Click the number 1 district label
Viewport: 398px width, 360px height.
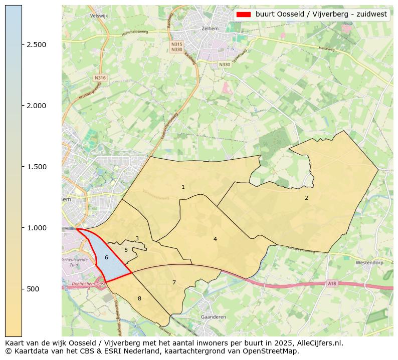(x=183, y=187)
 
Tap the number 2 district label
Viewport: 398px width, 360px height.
(x=306, y=198)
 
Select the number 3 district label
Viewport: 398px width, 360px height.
(x=137, y=239)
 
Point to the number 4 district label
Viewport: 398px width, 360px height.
(x=215, y=239)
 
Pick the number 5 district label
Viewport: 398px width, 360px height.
(x=126, y=250)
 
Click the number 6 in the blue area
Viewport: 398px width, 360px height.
(x=106, y=257)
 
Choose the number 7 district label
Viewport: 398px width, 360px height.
(x=174, y=282)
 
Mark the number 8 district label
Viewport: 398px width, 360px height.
(x=139, y=298)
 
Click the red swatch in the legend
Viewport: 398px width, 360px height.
(x=244, y=15)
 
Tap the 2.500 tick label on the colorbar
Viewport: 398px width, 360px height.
(x=37, y=45)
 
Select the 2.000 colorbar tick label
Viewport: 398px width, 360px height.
(x=37, y=106)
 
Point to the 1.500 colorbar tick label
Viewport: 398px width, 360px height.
(x=37, y=167)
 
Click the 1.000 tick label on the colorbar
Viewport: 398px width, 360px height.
(x=37, y=228)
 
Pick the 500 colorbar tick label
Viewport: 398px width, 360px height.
(x=34, y=289)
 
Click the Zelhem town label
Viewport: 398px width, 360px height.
(x=209, y=29)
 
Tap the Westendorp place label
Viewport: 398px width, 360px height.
(x=369, y=262)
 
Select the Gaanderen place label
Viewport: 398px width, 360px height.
(x=213, y=317)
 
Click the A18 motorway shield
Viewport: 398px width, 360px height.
(x=332, y=283)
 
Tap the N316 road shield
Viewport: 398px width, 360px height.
(x=100, y=78)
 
